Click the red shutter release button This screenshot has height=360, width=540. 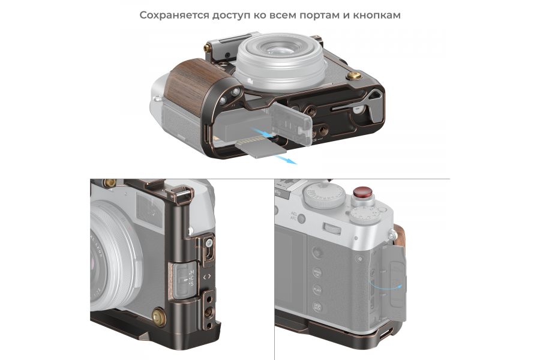361,193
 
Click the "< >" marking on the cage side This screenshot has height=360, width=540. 208,277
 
